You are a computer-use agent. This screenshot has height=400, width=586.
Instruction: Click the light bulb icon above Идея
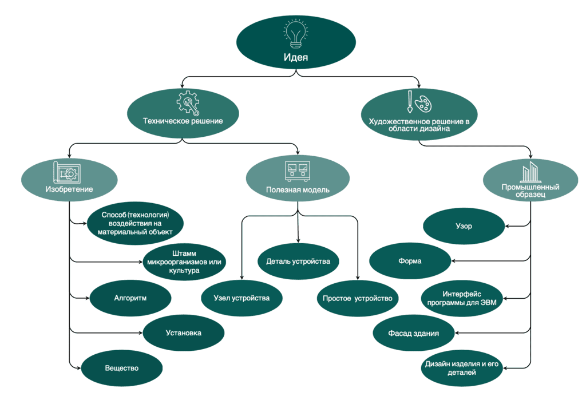tap(296, 34)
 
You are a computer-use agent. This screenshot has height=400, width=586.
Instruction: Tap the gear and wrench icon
tap(188, 102)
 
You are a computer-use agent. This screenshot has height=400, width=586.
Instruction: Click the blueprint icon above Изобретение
tap(67, 173)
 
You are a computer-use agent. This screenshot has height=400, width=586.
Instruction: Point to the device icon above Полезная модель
tap(298, 171)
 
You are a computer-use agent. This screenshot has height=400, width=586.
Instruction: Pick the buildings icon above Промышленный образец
tap(530, 172)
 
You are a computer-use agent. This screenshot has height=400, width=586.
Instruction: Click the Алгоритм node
tap(130, 298)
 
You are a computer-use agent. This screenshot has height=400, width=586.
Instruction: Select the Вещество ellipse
tap(122, 368)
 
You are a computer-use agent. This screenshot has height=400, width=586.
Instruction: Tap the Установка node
tap(184, 333)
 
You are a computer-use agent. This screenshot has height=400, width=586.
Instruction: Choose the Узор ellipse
tap(464, 226)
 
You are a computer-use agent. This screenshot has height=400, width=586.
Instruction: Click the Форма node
tap(410, 261)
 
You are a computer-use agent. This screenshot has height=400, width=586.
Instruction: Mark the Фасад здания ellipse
tap(414, 333)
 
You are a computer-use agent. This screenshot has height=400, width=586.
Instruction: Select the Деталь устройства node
tap(298, 262)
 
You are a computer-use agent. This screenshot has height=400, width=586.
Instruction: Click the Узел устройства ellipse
tap(242, 298)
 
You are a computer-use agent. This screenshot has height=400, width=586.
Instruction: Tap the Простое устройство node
tap(358, 298)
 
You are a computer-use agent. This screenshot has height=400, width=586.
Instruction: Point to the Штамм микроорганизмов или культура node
tap(184, 262)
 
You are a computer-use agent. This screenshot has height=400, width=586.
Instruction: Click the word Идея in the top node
tap(296, 57)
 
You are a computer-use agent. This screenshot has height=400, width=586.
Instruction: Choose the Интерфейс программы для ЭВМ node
tap(462, 298)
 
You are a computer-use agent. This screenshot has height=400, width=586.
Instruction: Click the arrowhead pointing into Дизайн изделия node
tap(505, 368)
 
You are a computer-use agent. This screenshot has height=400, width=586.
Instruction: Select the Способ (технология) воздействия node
tap(135, 224)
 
